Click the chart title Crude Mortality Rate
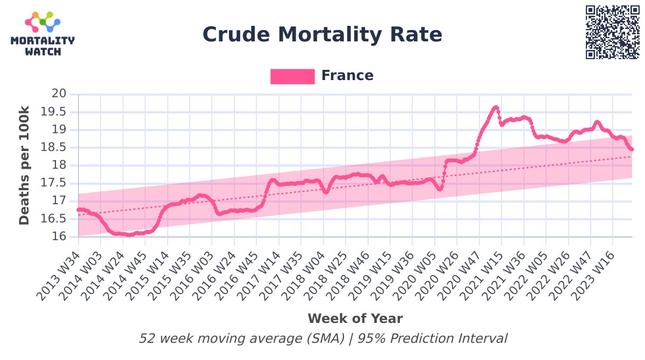coord(322,35)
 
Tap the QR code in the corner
coord(613,32)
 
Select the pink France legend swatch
coord(292,76)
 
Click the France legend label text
coord(347,76)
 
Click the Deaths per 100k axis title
coord(25,165)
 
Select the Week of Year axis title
coord(355,319)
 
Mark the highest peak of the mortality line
coord(496,107)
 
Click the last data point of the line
coord(632,149)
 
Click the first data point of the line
coord(78,210)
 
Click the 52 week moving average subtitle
coord(322,339)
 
